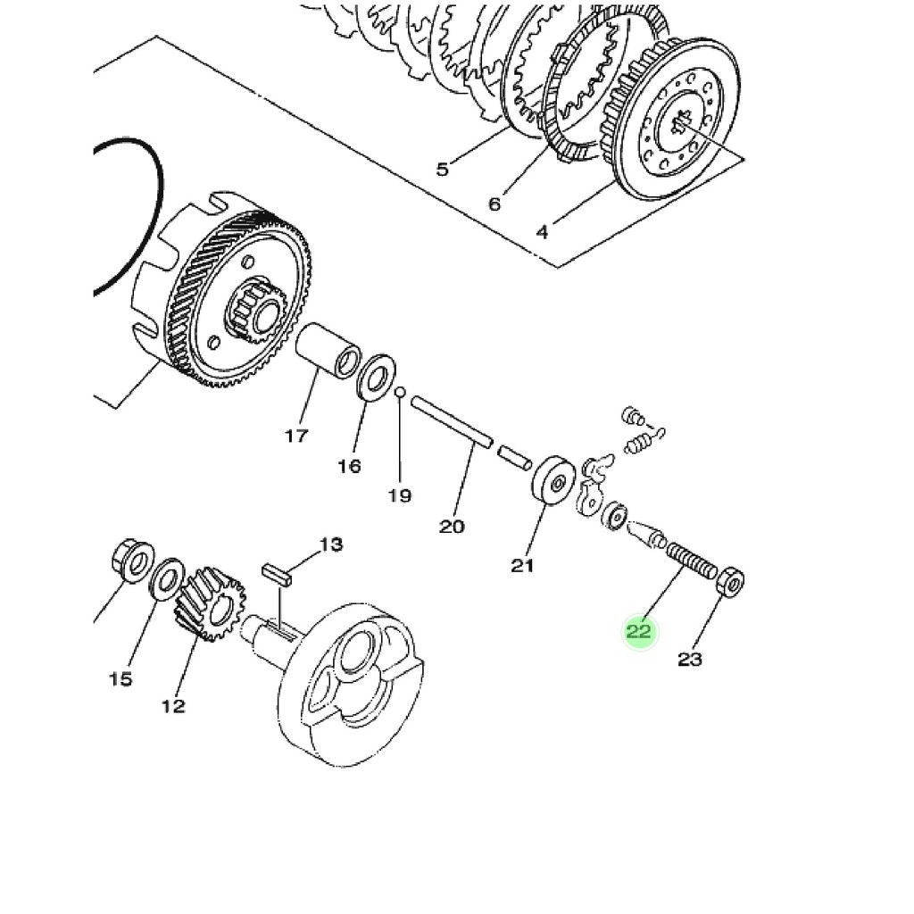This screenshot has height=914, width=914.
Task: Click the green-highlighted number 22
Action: [x=640, y=633]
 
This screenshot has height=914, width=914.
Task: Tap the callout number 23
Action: [x=690, y=660]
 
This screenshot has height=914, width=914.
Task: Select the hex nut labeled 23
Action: [x=730, y=584]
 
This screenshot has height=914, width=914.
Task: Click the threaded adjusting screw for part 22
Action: [x=691, y=562]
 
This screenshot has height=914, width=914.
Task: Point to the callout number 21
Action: [x=522, y=565]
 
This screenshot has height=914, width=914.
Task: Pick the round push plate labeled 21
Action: [x=554, y=483]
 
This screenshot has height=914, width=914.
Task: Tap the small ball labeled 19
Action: [x=401, y=392]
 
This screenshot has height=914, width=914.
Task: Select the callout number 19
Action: [x=400, y=495]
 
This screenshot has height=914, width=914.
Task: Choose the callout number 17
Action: [x=296, y=436]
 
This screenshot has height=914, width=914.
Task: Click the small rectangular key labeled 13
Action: [x=277, y=574]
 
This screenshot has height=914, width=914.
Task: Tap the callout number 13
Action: [x=331, y=544]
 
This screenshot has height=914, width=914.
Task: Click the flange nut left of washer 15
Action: [x=130, y=562]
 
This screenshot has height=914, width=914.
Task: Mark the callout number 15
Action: [x=120, y=679]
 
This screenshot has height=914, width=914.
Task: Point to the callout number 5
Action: [x=443, y=169]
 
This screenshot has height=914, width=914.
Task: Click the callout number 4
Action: [x=542, y=233]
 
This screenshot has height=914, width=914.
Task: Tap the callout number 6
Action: [x=494, y=204]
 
